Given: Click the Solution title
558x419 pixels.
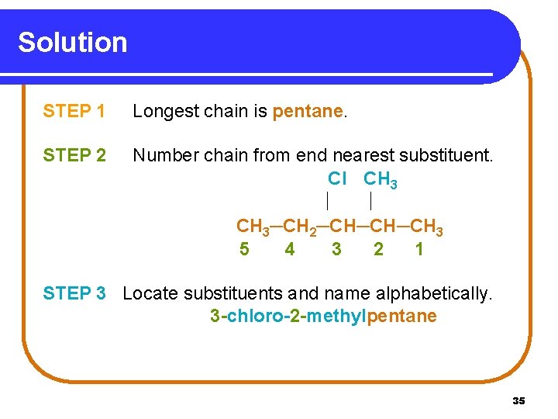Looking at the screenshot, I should (x=72, y=42).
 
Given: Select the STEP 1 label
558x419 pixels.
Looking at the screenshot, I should (x=74, y=112).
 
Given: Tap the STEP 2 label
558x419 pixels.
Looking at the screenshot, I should (x=74, y=156).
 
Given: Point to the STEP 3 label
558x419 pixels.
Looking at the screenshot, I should (x=74, y=293).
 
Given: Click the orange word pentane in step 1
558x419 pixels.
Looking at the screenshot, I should (x=307, y=112).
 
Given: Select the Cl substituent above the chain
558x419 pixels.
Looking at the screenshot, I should (x=336, y=178).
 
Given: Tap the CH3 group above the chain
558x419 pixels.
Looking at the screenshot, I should (x=381, y=179).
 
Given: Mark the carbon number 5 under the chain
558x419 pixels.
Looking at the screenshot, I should (x=245, y=249).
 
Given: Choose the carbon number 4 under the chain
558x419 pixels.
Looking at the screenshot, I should (x=290, y=249).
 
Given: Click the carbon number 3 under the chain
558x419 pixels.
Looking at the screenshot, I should (x=336, y=249).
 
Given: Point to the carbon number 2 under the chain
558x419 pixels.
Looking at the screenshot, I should (x=378, y=249).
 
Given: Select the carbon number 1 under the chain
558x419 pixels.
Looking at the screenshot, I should (x=419, y=249).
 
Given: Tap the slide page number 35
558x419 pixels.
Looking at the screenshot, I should (x=518, y=400).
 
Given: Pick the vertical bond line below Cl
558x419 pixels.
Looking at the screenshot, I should (x=328, y=203).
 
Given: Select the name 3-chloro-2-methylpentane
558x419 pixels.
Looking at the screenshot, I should (x=323, y=317).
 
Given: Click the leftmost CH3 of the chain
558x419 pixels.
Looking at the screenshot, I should (x=252, y=227).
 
